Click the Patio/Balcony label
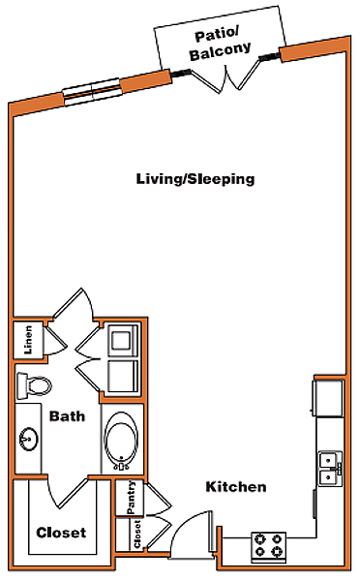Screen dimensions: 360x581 [220, 45]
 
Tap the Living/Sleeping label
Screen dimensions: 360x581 [195, 179]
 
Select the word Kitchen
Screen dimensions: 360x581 [236, 486]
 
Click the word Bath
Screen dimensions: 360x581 [67, 416]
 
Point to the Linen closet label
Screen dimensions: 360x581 [28, 340]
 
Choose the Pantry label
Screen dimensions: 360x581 [131, 498]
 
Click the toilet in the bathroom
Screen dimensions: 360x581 [33, 385]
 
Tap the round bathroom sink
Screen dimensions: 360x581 [28, 439]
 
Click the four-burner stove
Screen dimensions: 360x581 [269, 545]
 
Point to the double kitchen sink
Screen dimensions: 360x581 [330, 469]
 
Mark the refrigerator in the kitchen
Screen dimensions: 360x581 [328, 398]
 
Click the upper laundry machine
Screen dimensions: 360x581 [122, 341]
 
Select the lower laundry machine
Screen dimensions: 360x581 [123, 378]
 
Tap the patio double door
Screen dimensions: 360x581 [224, 77]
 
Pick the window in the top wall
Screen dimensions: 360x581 [92, 92]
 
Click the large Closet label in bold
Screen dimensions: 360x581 [61, 533]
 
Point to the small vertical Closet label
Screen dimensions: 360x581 [137, 534]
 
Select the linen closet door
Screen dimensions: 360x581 [55, 341]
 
